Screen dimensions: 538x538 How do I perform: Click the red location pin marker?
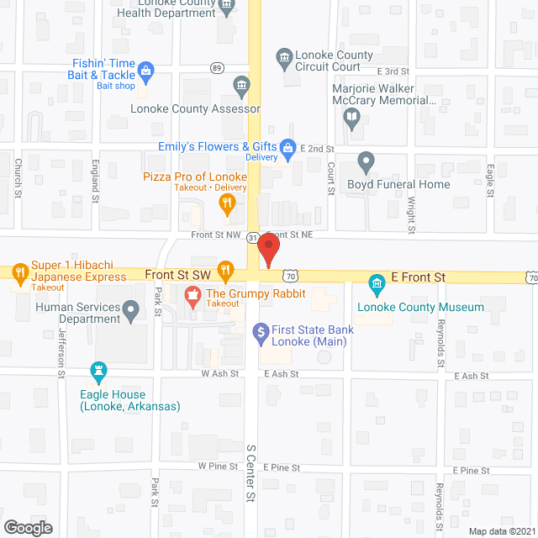pyautogui.click(x=267, y=251)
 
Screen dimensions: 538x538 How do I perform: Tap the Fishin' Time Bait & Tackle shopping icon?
pyautogui.click(x=145, y=71)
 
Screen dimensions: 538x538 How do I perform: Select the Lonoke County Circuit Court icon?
pyautogui.click(x=284, y=56)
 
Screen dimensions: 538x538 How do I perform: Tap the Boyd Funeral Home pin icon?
pyautogui.click(x=366, y=160)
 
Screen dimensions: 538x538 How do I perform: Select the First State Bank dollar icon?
pyautogui.click(x=261, y=331)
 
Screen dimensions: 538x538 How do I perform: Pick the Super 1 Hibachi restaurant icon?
pyautogui.click(x=18, y=271)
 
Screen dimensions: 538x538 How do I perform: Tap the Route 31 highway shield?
pyautogui.click(x=252, y=238)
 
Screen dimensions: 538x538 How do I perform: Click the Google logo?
pyautogui.click(x=28, y=528)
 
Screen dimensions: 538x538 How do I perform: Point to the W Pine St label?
pyautogui.click(x=215, y=467)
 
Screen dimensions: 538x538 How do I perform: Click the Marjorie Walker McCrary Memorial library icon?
pyautogui.click(x=352, y=121)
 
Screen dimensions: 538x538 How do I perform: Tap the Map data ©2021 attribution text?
pyautogui.click(x=500, y=530)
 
